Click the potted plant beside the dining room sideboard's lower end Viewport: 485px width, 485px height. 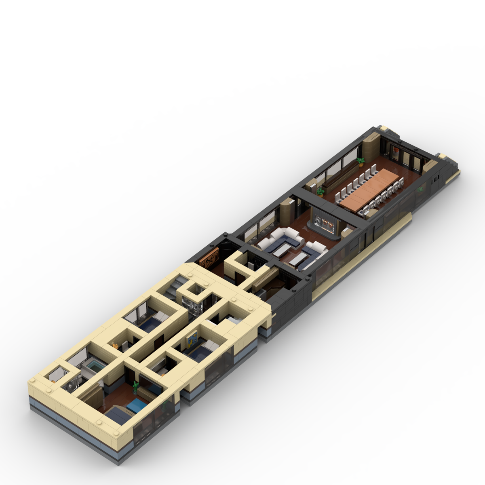tap(321, 190)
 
